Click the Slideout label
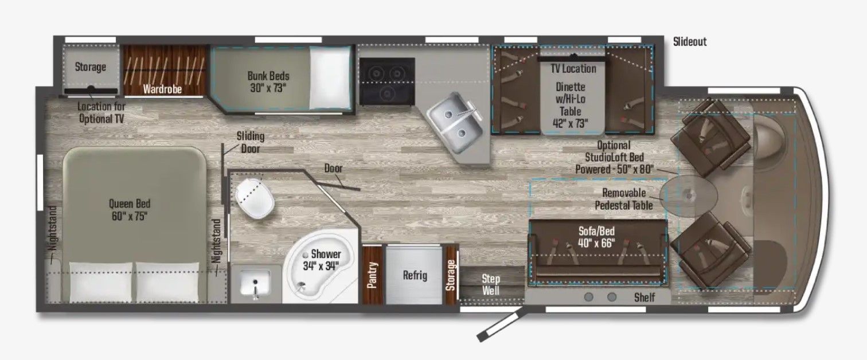690,42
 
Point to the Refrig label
415,275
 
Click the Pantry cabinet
373,275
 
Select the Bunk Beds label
268,81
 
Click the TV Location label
573,69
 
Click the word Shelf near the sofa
645,298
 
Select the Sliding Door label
251,142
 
